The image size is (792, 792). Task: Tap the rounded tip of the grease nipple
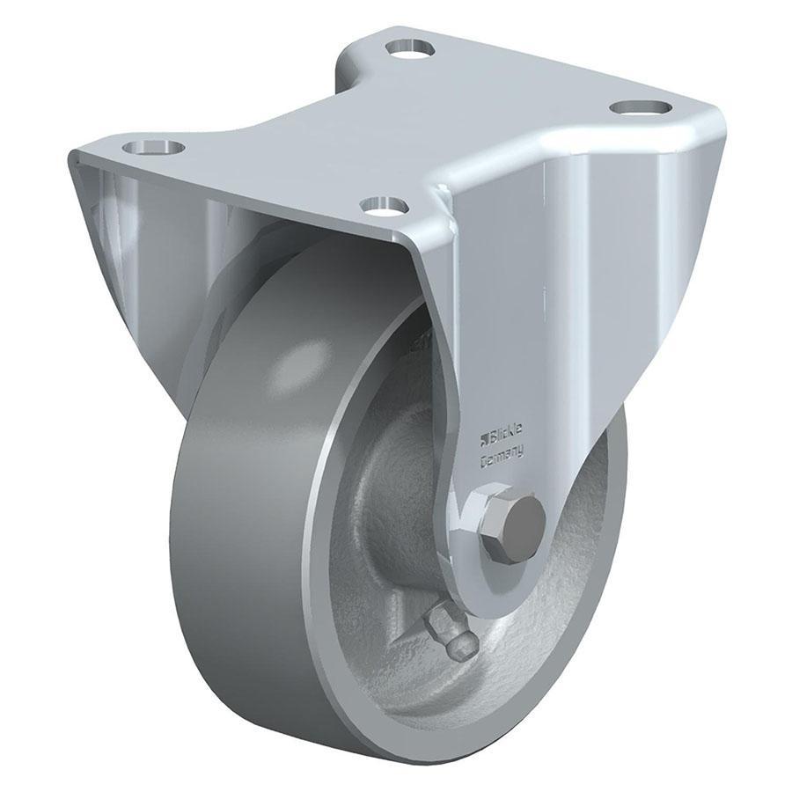coord(463,648)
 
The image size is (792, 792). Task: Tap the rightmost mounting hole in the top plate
coord(640,107)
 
